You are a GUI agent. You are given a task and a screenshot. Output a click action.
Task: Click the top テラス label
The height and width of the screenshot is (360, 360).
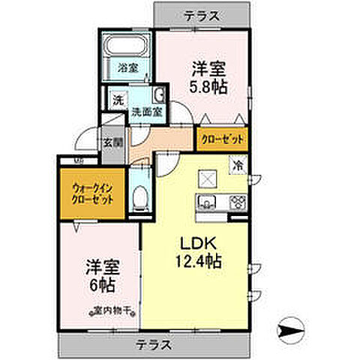click(202, 14)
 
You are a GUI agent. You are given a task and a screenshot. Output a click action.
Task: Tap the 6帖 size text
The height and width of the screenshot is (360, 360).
click(99, 284)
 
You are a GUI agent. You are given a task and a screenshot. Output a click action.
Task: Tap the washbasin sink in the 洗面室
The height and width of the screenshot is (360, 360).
click(159, 95)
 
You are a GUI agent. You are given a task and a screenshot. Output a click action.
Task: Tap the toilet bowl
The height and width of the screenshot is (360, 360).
click(139, 199)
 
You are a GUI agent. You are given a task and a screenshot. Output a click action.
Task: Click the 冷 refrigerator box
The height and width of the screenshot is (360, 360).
click(238, 166)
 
